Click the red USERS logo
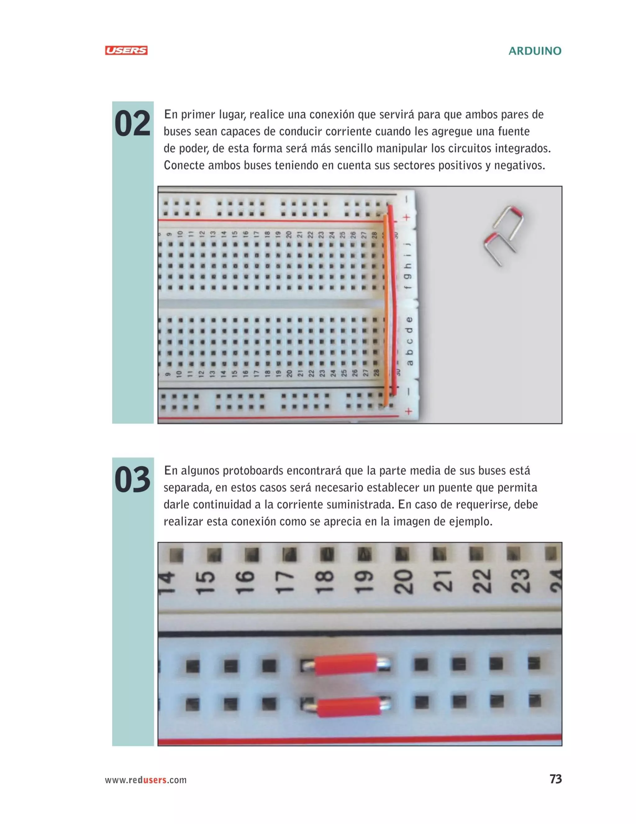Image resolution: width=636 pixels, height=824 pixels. pos(126,51)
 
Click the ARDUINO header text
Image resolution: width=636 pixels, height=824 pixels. pos(535,51)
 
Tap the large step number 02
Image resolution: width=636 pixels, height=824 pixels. pos(133,124)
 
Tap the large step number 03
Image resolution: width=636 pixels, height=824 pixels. pos(133,480)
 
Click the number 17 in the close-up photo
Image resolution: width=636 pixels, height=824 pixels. pos(285,582)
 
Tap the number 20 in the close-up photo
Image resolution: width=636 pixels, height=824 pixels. pos(403,581)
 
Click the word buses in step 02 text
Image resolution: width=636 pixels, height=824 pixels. pos(177,132)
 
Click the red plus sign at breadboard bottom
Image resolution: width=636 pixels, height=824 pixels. pos(408,411)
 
